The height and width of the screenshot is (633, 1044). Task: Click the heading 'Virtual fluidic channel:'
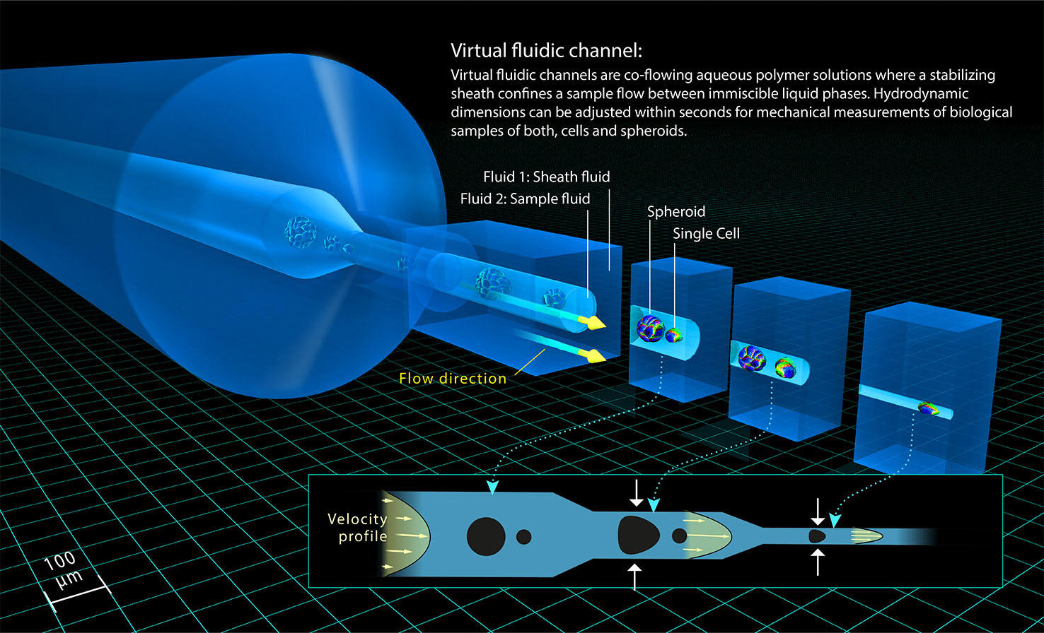[x=547, y=52]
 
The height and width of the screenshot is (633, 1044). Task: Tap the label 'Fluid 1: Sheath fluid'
[x=546, y=177]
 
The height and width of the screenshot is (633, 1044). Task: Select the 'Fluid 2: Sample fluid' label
[x=525, y=199]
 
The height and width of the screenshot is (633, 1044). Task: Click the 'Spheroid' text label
[x=676, y=212]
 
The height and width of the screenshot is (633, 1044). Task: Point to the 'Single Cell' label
[x=706, y=233]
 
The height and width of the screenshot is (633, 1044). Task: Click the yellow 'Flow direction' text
[x=453, y=378]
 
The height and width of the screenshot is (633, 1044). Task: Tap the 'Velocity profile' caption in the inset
[x=357, y=528]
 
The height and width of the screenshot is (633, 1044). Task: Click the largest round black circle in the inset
[x=485, y=536]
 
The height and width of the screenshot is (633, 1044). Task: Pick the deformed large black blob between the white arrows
[x=639, y=534]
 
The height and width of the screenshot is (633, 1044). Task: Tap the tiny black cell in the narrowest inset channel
[x=817, y=536]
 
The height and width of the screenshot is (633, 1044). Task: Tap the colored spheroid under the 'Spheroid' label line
[x=649, y=329]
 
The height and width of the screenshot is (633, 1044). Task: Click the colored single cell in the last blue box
[x=928, y=408]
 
